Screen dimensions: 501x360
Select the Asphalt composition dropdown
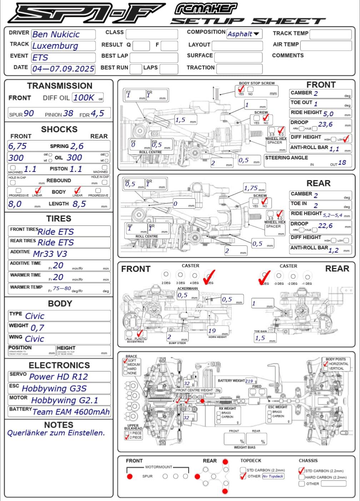click(x=244, y=34)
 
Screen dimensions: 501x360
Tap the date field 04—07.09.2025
click(x=63, y=69)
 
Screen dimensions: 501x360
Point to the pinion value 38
click(x=68, y=114)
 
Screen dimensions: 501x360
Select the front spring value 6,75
click(x=18, y=146)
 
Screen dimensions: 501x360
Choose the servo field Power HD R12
click(x=59, y=377)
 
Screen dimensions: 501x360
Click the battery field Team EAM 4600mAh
click(x=71, y=412)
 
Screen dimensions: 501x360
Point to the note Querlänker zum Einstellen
click(x=56, y=433)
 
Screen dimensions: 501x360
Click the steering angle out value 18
click(x=342, y=163)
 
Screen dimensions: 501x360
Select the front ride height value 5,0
click(x=328, y=114)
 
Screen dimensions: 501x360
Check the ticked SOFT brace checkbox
click(x=125, y=361)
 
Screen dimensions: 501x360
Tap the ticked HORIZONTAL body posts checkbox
click(x=326, y=364)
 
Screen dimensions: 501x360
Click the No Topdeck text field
click(x=273, y=476)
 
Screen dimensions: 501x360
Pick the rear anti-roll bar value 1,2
click(x=334, y=250)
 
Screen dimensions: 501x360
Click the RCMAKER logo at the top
click(x=206, y=8)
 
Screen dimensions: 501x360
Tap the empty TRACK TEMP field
click(x=330, y=34)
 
